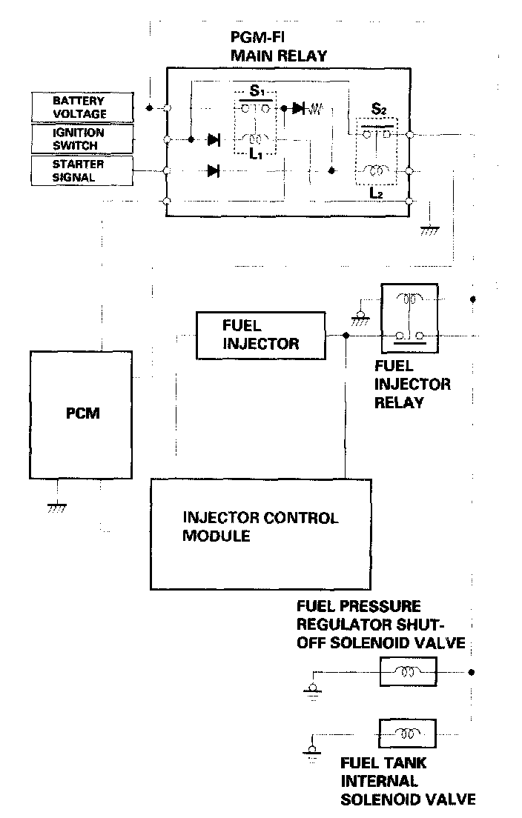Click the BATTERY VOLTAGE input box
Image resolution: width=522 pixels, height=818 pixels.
[x=79, y=107]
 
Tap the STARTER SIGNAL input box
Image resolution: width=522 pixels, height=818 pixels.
[x=79, y=170]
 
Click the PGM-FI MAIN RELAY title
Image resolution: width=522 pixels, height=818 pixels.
[x=278, y=47]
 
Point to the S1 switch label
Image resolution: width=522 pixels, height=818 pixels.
[x=257, y=92]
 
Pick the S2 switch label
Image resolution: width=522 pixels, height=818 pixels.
[x=378, y=109]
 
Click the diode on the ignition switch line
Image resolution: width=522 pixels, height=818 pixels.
[x=214, y=139]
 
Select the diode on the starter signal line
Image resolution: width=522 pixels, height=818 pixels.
[x=214, y=171]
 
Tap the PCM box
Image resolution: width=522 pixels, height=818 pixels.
[x=82, y=413]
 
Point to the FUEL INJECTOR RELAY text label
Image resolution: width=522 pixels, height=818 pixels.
[x=412, y=384]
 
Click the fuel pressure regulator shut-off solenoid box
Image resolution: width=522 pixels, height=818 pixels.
[x=406, y=673]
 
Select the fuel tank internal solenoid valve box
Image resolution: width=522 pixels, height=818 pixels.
[x=406, y=734]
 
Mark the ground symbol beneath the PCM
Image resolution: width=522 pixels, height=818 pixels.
[x=55, y=507]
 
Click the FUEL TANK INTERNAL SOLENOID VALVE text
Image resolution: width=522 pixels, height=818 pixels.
[x=407, y=780]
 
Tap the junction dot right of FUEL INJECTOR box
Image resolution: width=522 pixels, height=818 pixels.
[x=347, y=336]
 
